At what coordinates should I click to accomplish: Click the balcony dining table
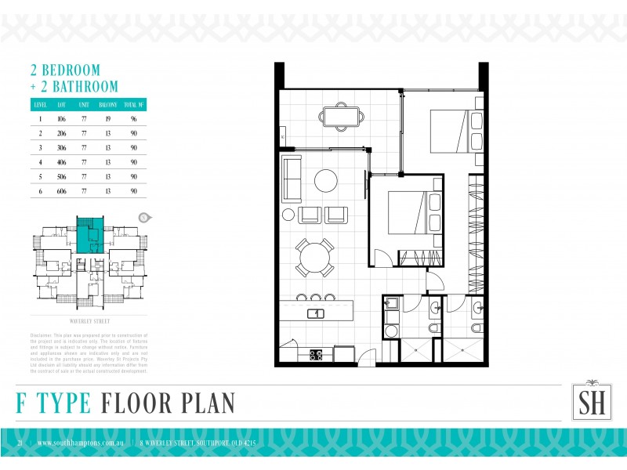[342, 117]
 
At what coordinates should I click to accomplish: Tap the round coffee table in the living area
[326, 181]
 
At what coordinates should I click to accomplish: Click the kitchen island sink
[314, 313]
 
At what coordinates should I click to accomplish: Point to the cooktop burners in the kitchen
[317, 354]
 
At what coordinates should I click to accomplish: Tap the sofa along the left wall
[292, 179]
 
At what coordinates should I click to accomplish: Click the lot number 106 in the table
[61, 119]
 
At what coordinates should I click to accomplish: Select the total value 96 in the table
[134, 119]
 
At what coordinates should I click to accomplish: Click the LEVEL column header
[40, 104]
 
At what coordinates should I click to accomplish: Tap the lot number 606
[61, 190]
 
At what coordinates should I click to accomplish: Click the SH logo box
[587, 403]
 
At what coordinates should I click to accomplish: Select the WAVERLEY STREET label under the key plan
[89, 321]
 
